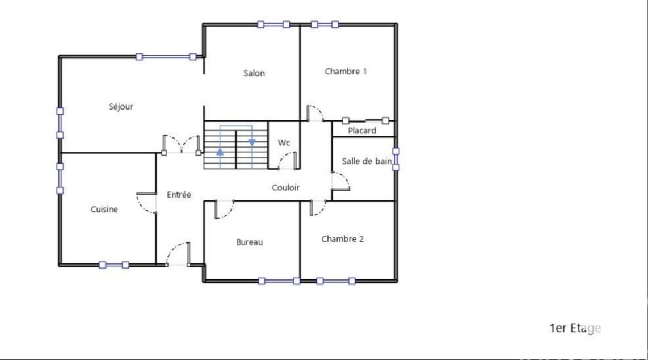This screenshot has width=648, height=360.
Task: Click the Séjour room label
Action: [121, 107]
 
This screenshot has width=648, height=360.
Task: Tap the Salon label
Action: [254, 73]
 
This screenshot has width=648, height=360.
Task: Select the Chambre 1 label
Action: [346, 72]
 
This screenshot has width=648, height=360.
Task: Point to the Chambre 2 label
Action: [343, 239]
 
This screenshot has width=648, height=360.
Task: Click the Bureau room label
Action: [249, 242]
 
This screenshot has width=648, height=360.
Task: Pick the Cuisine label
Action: [104, 210]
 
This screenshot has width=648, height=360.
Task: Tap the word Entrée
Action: [179, 195]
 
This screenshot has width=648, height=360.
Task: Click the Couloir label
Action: [285, 187]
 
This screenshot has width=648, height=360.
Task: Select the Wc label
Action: [284, 143]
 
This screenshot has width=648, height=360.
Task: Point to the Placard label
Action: [362, 131]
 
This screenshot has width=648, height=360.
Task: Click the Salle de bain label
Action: [367, 161]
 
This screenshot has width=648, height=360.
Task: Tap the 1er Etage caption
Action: [575, 328]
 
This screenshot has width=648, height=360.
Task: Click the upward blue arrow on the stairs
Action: [220, 152]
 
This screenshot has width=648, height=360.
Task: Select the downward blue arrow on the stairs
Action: [252, 142]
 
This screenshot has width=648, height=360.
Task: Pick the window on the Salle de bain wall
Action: [396, 159]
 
